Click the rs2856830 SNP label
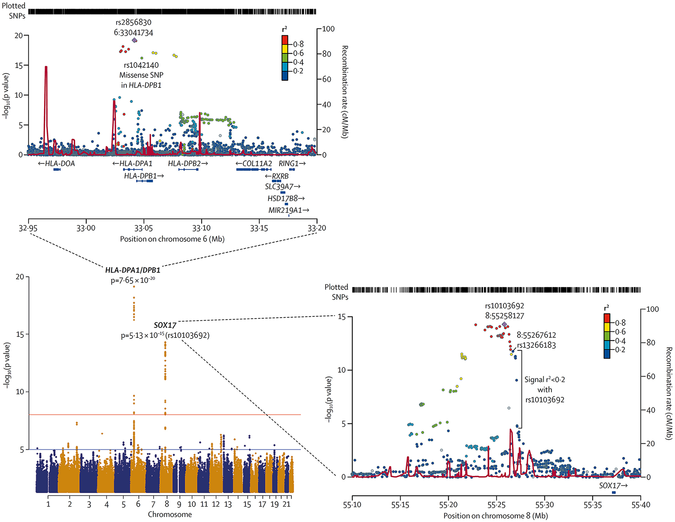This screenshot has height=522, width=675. (x=133, y=22)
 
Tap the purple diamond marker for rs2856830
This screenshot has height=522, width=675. (x=135, y=40)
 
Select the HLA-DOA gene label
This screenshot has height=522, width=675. (x=56, y=164)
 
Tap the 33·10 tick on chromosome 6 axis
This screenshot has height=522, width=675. (x=201, y=228)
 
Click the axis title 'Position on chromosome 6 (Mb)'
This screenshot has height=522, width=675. (x=172, y=239)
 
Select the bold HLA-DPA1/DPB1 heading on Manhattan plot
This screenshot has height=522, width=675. (x=133, y=270)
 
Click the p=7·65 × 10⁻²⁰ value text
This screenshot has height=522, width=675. (x=133, y=280)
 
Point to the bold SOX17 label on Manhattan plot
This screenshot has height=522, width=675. (x=165, y=326)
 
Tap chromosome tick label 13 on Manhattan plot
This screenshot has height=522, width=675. (x=228, y=504)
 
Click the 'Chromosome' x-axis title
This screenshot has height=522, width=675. (x=170, y=514)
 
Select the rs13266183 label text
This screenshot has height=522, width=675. (x=536, y=345)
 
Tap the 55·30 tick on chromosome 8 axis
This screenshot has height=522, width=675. (x=544, y=505)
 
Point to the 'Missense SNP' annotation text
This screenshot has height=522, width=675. (x=141, y=75)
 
